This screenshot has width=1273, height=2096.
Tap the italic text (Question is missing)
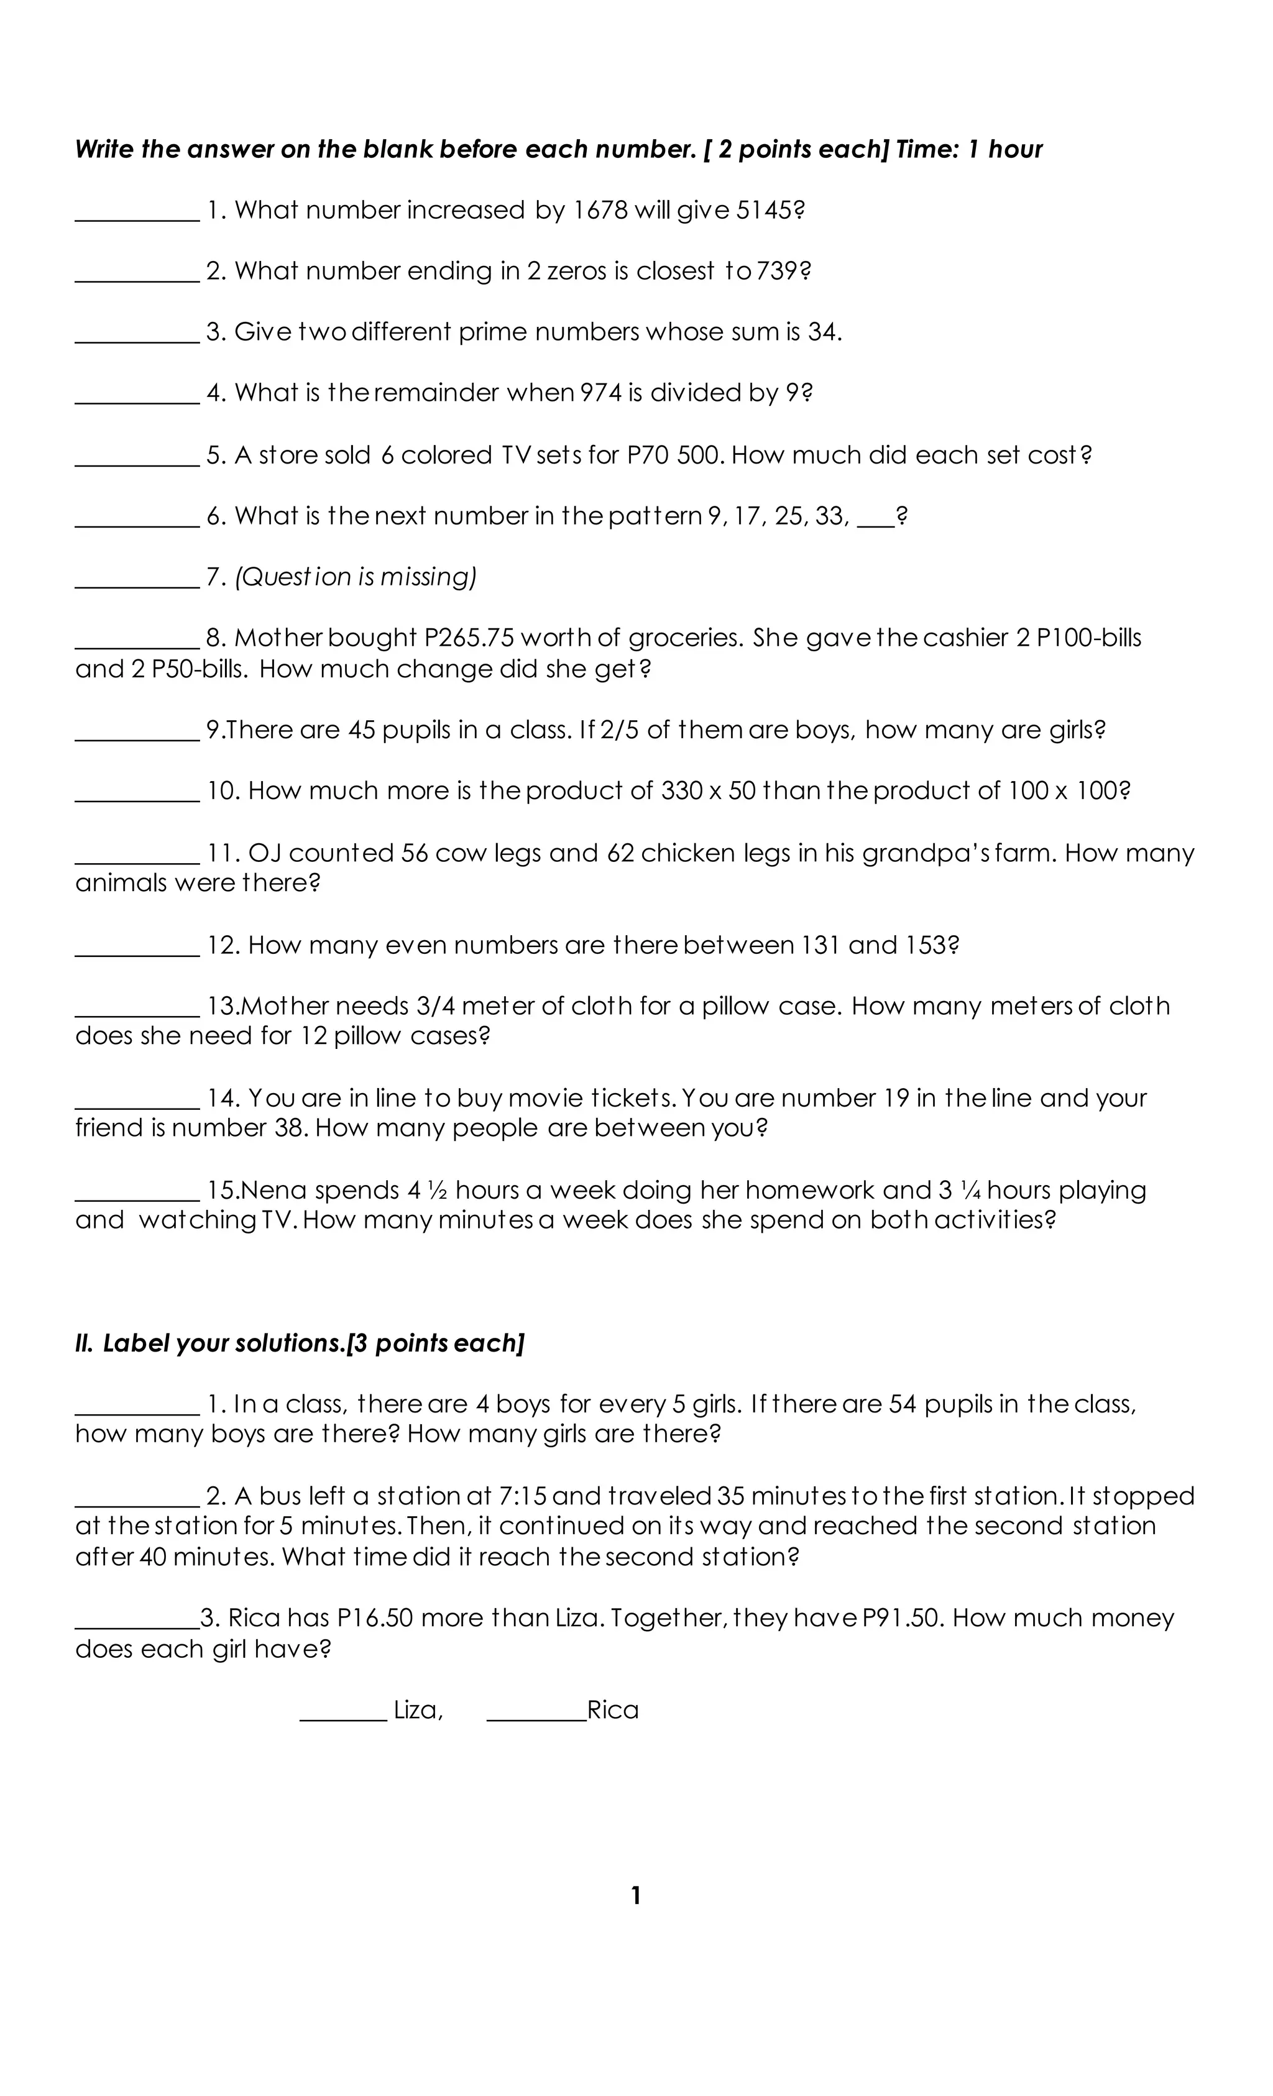[x=356, y=577]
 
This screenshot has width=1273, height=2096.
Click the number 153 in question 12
[x=931, y=945]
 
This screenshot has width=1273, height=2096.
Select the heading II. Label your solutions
[x=300, y=1343]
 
